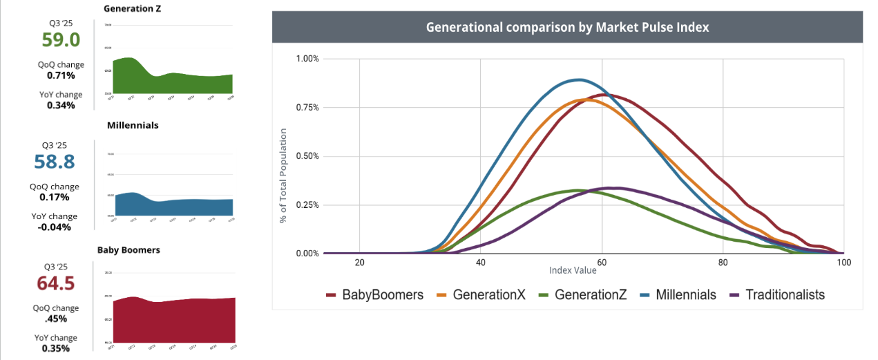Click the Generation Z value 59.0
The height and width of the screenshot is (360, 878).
coord(61,39)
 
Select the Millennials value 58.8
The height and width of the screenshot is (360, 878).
coord(55,162)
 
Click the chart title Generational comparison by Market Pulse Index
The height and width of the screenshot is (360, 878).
coord(567,28)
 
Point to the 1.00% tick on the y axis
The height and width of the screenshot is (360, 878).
coord(307,59)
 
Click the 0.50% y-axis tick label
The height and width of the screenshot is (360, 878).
coord(307,156)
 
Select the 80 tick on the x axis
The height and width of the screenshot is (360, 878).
coord(723,263)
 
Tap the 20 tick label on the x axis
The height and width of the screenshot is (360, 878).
coord(359,263)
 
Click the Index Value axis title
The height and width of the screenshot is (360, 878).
coord(573,270)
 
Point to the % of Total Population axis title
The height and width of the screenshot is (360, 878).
coord(283,174)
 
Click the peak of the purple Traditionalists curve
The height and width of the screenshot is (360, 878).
coord(611,187)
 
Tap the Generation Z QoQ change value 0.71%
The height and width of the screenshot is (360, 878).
coord(61,75)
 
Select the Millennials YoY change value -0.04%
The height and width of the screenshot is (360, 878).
coord(55,227)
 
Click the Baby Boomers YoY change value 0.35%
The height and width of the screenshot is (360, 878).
coord(55,348)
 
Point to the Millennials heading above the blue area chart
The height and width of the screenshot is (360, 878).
coord(133,126)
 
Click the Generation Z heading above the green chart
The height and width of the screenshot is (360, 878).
coord(133,9)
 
